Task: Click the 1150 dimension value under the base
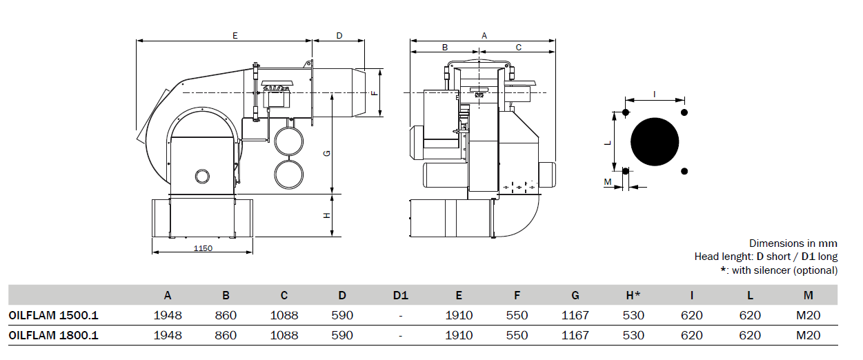[x=203, y=248]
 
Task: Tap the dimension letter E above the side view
[x=235, y=36]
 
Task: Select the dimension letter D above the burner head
[x=339, y=36]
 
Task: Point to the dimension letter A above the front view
[x=484, y=36]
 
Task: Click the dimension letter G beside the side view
[x=327, y=153]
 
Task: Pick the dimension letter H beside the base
[x=327, y=216]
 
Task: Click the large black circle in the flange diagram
[x=655, y=141]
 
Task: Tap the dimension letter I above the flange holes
[x=654, y=94]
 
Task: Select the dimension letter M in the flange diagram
[x=608, y=182]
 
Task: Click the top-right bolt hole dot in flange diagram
[x=684, y=112]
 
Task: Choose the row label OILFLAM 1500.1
[x=54, y=315]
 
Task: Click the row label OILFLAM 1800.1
[x=54, y=335]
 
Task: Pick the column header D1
[x=401, y=295]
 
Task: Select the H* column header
[x=633, y=295]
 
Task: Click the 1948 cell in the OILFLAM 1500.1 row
[x=168, y=315]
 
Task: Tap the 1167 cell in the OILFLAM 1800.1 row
[x=575, y=335]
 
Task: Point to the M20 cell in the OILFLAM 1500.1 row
[x=809, y=315]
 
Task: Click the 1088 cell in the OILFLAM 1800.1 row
[x=284, y=335]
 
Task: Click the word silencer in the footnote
[x=771, y=270]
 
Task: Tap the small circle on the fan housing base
[x=202, y=177]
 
